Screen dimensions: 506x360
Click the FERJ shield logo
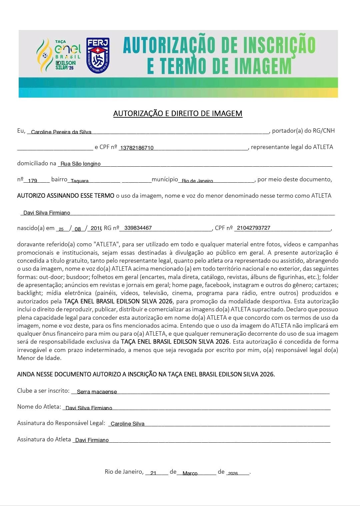tap(98, 55)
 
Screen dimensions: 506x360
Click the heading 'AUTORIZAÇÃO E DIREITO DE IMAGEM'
tap(178, 113)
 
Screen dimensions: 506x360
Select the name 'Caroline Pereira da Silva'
tap(61, 132)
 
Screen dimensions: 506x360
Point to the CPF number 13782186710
tap(137, 148)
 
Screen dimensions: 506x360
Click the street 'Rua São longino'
tap(81, 164)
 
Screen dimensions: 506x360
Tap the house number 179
tap(33, 181)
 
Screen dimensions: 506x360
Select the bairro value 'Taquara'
tap(80, 181)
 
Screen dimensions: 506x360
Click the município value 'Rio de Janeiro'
tap(197, 181)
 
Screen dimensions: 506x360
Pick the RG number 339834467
tap(138, 228)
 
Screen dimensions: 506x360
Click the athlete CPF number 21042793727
tap(254, 228)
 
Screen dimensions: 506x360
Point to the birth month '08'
tap(78, 229)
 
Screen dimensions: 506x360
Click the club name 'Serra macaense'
tap(97, 392)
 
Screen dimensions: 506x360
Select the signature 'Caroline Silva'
tap(127, 424)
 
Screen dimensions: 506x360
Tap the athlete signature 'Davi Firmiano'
tap(92, 440)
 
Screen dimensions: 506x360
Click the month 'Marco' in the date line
tap(190, 473)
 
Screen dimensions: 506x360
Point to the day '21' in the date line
tap(153, 473)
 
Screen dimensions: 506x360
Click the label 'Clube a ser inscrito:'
tap(43, 391)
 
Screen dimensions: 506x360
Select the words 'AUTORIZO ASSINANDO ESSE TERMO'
tap(66, 196)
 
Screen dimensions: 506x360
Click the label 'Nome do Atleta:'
tap(39, 407)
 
